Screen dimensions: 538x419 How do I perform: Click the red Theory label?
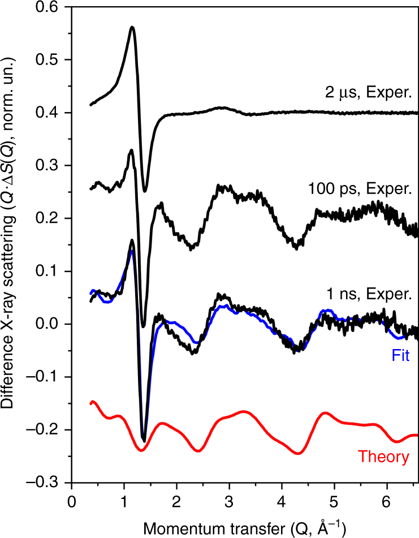point(384,456)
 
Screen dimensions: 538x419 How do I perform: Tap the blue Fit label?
point(400,357)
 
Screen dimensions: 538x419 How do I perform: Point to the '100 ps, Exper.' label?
point(359,188)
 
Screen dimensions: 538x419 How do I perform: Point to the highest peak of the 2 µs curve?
point(132,27)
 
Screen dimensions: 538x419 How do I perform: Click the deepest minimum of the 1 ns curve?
point(144,440)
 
